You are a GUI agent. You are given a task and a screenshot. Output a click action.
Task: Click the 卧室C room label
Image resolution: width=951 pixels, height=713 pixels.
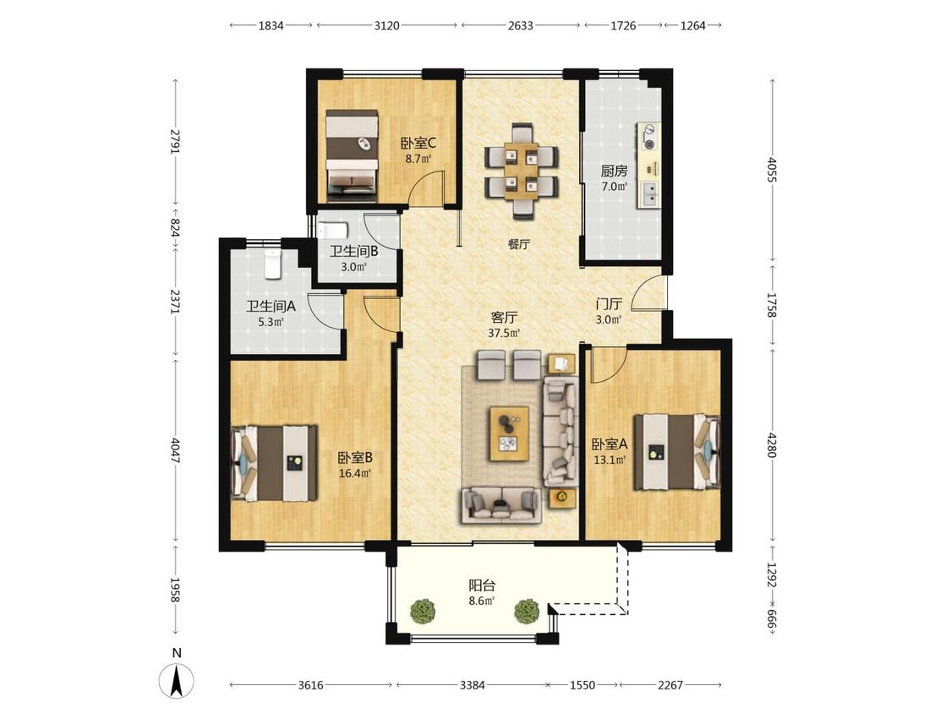coord(418,144)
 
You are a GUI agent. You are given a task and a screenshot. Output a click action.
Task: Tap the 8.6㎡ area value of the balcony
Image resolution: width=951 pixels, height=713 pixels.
coord(482,601)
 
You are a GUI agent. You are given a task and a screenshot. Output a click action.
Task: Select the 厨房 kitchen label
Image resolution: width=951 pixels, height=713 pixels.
coord(614,171)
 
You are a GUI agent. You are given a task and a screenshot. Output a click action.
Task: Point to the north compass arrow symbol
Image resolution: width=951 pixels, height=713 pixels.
coord(177,681)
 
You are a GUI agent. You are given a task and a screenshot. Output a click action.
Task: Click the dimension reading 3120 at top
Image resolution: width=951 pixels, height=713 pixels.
coord(387,25)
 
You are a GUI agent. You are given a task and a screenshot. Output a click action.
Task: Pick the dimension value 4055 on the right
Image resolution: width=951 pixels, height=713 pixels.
coord(772,170)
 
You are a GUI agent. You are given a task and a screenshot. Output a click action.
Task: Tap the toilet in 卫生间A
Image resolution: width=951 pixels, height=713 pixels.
coord(274,264)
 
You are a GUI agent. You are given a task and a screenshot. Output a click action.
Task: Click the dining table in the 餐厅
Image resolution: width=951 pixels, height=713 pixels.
coord(522,171)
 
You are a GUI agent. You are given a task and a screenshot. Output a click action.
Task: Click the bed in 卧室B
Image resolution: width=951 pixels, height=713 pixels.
coord(275,463)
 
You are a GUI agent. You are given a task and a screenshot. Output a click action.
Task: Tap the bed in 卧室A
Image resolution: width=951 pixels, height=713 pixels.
coord(677,452)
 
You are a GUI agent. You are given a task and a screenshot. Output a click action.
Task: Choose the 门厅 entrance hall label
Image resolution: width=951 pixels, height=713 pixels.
coord(609,304)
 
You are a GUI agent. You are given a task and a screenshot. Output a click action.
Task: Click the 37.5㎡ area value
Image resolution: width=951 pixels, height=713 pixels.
coord(504,333)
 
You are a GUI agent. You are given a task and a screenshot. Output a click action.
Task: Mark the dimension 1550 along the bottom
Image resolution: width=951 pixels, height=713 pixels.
coord(582,685)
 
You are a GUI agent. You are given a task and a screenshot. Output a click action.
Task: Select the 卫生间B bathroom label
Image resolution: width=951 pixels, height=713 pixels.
coord(353,251)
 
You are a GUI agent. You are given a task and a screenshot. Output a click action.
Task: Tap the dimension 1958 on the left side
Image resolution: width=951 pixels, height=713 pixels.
coord(174,590)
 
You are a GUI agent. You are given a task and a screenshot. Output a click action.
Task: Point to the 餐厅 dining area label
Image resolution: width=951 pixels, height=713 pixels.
coord(519,244)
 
